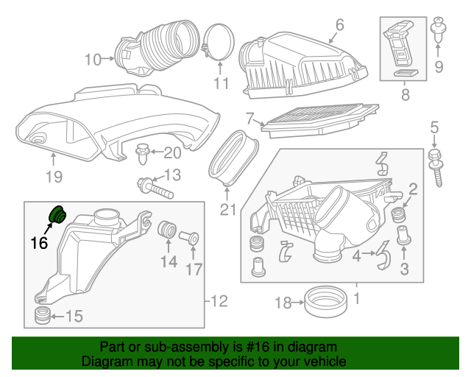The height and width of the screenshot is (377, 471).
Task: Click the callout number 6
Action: click(x=339, y=24)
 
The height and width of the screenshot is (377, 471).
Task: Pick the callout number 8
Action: click(x=404, y=96)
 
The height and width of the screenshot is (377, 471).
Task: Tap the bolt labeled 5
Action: click(x=434, y=163)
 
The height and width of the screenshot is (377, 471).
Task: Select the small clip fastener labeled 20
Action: click(x=143, y=155)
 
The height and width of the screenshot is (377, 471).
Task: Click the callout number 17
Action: click(x=193, y=269)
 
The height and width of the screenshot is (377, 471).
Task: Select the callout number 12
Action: click(x=219, y=300)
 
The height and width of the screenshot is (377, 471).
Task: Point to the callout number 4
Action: click(x=355, y=256)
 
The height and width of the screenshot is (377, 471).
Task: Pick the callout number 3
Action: click(x=404, y=269)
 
